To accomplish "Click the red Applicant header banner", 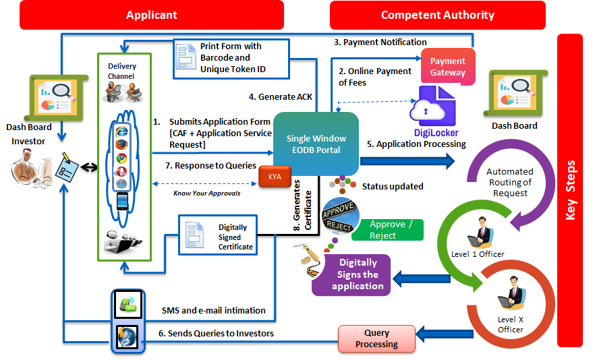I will point(152,15).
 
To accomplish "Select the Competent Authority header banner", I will point(438,15).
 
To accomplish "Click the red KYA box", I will point(275,176).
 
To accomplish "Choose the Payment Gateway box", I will point(448,67).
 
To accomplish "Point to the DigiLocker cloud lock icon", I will point(436,107).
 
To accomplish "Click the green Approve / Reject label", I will point(388,229).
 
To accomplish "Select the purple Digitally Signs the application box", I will point(358,274).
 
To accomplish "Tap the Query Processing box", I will point(376,338).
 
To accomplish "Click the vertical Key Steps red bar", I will point(570,190).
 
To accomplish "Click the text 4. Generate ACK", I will point(280,96).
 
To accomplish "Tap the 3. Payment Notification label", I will point(380,42).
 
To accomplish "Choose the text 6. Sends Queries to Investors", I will point(216,334).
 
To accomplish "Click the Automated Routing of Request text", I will point(509,182).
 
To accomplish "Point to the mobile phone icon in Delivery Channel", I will point(122,201).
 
